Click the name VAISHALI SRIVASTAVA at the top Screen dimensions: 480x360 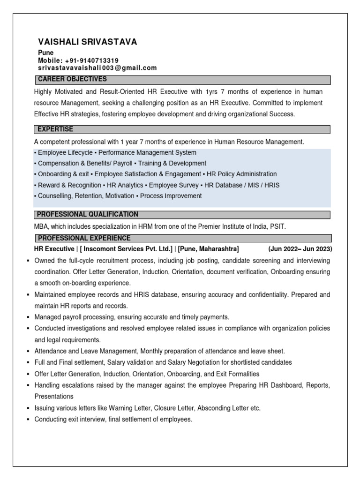(87, 42)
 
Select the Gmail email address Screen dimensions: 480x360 (97, 68)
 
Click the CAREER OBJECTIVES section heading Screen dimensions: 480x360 (72, 79)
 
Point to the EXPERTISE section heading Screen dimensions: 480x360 (56, 129)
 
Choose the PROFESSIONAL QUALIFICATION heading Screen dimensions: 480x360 (88, 215)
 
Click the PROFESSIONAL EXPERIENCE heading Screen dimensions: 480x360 (84, 239)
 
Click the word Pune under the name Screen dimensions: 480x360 (45, 53)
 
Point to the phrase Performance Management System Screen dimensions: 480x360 (148, 153)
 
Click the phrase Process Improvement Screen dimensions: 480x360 (171, 196)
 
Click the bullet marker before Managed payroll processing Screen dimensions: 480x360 (29, 317)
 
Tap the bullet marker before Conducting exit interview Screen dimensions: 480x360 (29, 420)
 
